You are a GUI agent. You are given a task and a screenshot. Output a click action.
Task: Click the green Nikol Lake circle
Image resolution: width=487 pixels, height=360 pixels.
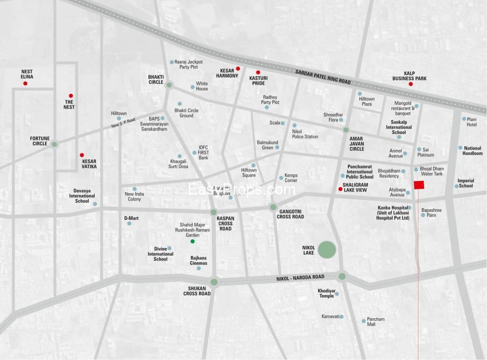point(327,249)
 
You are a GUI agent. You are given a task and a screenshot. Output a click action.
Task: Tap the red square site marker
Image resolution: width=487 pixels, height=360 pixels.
point(419,185)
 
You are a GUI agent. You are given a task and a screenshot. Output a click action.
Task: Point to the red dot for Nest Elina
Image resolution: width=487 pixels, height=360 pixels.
point(25,83)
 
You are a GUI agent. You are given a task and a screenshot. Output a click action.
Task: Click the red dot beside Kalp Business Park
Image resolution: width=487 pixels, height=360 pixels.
point(411,84)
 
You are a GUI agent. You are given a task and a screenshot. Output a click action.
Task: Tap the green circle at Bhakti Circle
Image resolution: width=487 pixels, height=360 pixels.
point(169,85)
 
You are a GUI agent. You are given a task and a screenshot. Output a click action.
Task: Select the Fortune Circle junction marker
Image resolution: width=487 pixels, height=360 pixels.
point(55,144)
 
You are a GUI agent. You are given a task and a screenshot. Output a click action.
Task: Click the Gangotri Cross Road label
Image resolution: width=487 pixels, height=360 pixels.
point(290,214)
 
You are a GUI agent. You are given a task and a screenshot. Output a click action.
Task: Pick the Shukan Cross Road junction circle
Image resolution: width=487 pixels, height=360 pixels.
point(214,282)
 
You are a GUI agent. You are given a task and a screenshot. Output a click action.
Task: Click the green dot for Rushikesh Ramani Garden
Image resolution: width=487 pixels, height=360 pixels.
point(192,241)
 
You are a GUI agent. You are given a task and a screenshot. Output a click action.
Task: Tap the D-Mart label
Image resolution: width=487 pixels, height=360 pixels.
point(131,218)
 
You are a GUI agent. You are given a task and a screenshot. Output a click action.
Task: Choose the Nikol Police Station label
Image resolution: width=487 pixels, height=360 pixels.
point(305,134)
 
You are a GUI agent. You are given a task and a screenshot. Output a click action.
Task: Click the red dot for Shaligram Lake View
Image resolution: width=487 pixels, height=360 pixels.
point(340,189)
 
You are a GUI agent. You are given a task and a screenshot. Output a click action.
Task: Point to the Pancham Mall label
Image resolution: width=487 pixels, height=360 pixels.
point(375,322)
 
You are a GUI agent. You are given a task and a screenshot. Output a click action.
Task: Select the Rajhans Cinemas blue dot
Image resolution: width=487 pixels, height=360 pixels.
point(199,268)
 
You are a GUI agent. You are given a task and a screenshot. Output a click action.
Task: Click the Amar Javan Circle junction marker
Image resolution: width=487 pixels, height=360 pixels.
point(346,130)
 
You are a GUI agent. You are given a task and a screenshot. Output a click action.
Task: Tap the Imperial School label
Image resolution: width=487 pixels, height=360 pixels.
point(465,183)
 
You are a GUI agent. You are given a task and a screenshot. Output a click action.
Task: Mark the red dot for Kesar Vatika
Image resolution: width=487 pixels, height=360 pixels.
point(82,155)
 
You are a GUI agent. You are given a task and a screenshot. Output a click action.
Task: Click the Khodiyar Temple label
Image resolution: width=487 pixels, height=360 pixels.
point(326,293)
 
